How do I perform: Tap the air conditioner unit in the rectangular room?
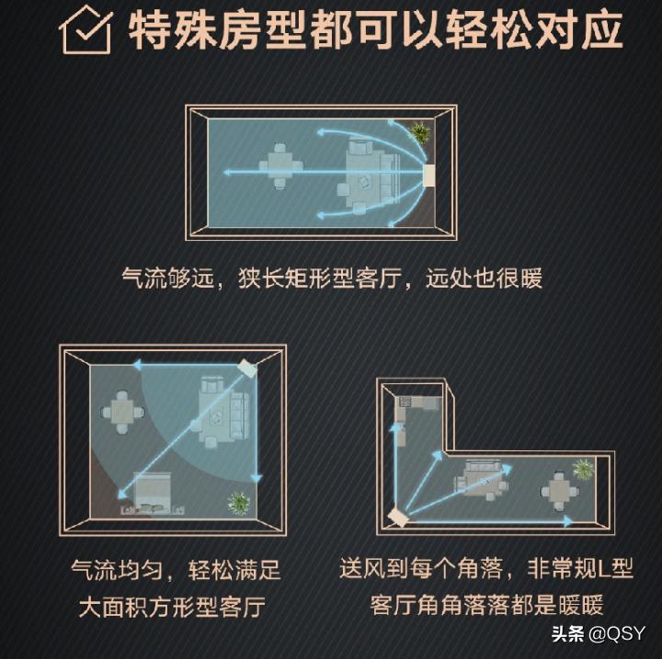[x=428, y=173]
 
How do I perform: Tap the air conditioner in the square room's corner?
[x=245, y=367]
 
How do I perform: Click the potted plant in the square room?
[x=239, y=503]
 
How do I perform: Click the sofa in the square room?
[x=223, y=410]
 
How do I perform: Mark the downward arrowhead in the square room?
[x=257, y=478]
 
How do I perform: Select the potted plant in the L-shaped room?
[x=583, y=469]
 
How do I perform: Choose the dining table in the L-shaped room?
[x=558, y=493]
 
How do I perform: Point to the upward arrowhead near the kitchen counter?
[x=398, y=432]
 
